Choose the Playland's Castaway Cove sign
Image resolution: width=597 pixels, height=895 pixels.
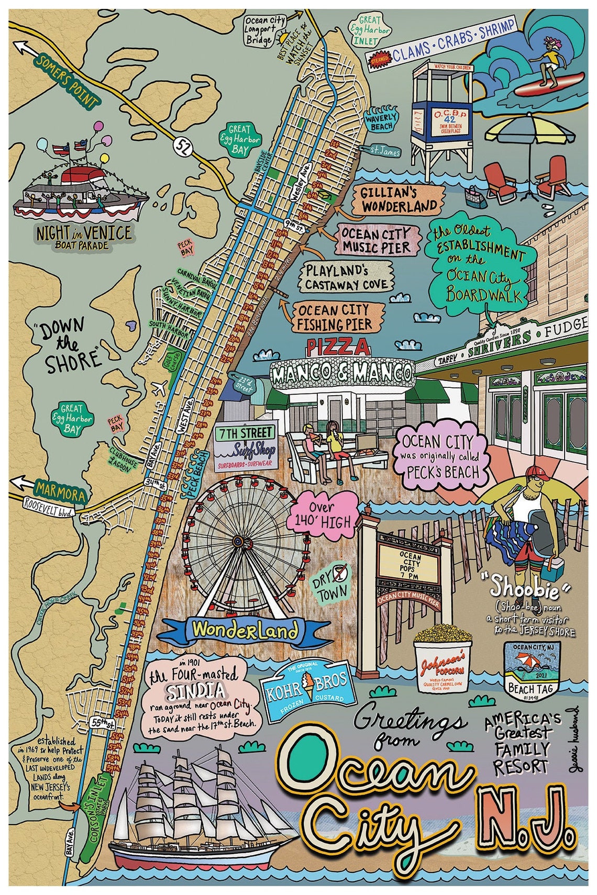tap(346, 278)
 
